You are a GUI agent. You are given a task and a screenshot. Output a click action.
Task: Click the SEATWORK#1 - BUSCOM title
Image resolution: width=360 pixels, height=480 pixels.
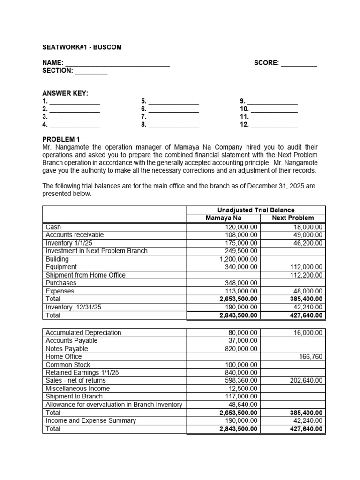coord(82,47)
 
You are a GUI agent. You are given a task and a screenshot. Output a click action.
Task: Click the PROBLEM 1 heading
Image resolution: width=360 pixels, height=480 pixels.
coord(61,139)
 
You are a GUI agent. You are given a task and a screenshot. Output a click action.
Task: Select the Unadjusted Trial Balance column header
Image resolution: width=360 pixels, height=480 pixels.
coord(256,210)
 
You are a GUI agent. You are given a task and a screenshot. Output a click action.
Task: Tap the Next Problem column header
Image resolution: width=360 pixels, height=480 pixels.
coord(293,218)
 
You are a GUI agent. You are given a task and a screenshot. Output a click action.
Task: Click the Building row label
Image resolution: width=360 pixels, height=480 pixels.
coord(57,259)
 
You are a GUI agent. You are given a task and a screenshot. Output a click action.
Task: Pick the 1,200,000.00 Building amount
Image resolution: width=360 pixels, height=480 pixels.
coord(239,259)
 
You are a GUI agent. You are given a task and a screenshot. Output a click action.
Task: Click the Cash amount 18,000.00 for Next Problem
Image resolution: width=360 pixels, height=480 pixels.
coord(307,227)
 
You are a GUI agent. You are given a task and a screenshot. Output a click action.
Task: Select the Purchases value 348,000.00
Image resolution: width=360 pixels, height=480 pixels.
coord(241,283)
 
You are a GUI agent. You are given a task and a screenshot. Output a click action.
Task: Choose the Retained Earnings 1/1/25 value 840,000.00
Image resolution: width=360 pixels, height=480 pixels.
coord(241,373)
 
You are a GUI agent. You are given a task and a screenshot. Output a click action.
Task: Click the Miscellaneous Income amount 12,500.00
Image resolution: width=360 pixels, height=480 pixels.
coord(243,389)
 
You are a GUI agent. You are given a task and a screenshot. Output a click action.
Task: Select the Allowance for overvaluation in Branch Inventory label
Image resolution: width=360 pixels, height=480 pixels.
coord(114,405)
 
